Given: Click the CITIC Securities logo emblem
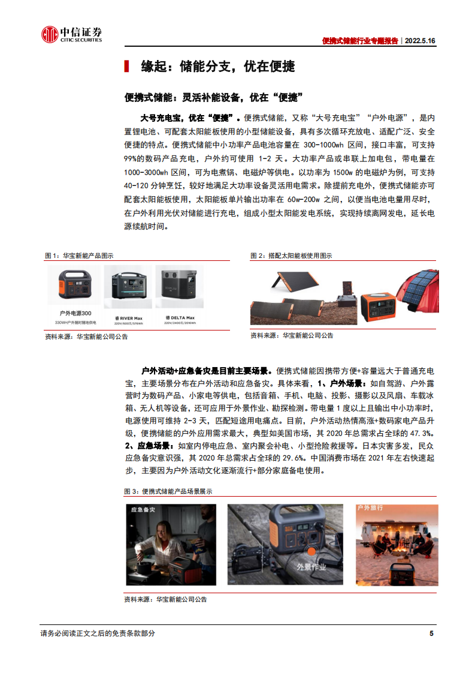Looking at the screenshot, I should click(x=49, y=34).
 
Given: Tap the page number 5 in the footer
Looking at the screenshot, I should click(x=431, y=633).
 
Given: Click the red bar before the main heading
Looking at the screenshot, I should click(x=126, y=67).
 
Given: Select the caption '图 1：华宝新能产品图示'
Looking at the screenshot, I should click(x=80, y=256).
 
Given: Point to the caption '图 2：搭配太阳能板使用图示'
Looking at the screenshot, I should click(x=291, y=256).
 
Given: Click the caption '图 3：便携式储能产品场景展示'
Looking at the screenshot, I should click(x=168, y=491).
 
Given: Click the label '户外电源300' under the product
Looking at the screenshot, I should click(x=75, y=313).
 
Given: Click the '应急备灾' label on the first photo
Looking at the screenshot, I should click(x=144, y=509).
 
